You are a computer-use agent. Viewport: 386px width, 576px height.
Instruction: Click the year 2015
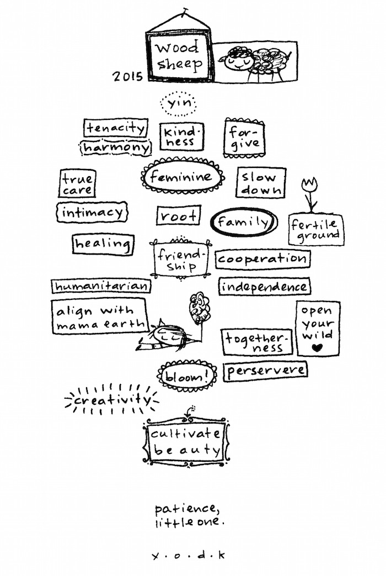click(127, 76)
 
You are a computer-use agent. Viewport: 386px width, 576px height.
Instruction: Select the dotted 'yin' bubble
click(179, 104)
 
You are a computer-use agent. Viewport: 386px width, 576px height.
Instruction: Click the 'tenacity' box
click(116, 128)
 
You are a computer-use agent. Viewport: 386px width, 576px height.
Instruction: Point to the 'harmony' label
click(116, 147)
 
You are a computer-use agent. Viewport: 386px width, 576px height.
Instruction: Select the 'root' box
click(179, 215)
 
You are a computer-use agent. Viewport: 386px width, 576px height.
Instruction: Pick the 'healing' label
click(103, 244)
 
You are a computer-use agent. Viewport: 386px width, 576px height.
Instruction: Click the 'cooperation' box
click(262, 259)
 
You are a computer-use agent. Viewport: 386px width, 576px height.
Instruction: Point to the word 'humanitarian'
click(101, 286)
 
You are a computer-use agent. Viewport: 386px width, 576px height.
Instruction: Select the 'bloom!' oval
click(187, 376)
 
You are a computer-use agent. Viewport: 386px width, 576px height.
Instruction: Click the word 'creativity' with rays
click(112, 400)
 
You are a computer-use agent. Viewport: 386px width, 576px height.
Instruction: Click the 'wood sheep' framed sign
click(179, 56)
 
